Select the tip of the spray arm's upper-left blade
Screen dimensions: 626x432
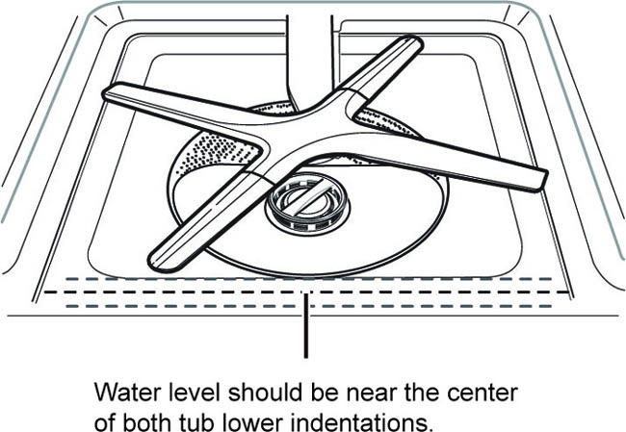pos(108,92)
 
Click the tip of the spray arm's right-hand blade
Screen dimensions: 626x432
pos(542,181)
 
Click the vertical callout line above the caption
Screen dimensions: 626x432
pos(306,325)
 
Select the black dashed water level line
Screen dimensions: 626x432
pos(306,292)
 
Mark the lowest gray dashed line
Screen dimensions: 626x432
pos(308,306)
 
